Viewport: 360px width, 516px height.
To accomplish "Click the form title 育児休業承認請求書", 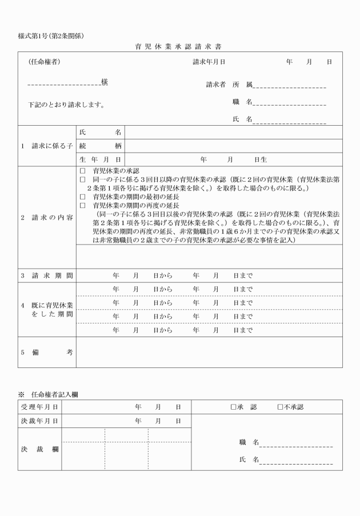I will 180,46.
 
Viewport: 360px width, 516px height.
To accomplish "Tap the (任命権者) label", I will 44,62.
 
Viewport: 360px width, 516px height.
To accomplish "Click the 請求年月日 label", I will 209,62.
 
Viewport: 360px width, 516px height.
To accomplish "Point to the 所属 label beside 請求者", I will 242,85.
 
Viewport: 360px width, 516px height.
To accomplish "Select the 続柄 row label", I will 100,146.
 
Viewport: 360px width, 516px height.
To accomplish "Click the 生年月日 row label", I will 100,159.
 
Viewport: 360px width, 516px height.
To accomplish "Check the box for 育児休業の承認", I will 82,171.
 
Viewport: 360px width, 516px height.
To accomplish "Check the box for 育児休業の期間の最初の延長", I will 82,197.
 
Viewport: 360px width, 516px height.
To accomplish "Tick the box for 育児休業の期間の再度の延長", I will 82,205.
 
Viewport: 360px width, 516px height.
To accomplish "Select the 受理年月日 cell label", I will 39,407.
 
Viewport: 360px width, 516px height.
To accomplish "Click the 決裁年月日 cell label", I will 39,421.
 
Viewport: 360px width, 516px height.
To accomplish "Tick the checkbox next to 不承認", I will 281,407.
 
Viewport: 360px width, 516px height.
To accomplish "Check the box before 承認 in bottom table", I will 233,407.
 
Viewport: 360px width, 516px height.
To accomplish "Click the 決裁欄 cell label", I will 39,449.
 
